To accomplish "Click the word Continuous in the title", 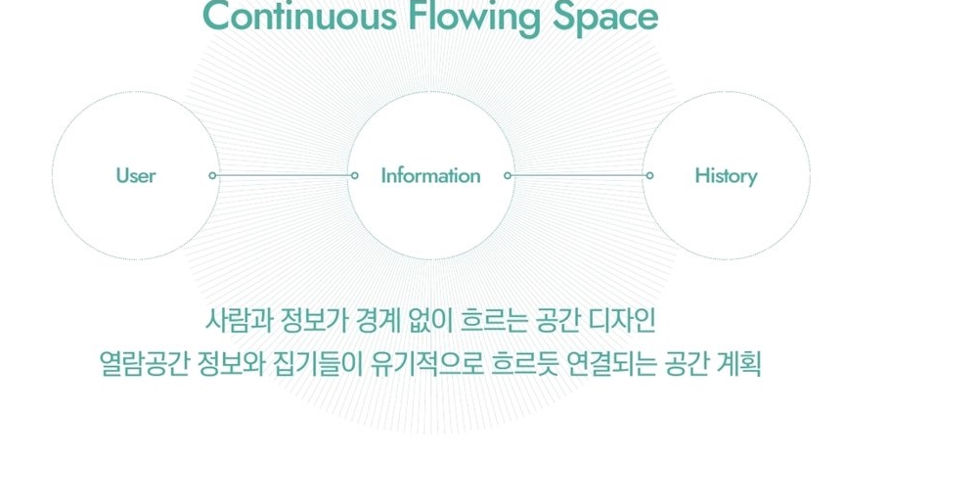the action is point(300,17).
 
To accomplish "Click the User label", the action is point(136,175).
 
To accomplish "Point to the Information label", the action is point(431,175).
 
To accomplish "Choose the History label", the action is point(726,176).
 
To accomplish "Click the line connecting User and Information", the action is point(284,175).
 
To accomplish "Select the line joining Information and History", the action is point(579,175).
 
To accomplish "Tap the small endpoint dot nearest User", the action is point(212,175).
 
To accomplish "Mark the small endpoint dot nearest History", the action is point(650,175).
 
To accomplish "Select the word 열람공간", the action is point(144,364).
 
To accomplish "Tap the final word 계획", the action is point(739,364).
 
